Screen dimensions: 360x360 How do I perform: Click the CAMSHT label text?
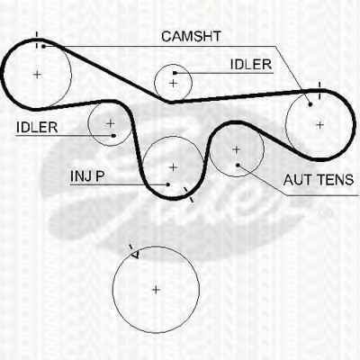pyautogui.click(x=191, y=37)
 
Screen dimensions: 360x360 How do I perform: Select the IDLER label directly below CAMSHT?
pyautogui.click(x=251, y=65)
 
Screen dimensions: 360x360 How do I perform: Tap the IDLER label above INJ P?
pyautogui.click(x=37, y=128)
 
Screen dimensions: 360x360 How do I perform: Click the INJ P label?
pyautogui.click(x=87, y=176)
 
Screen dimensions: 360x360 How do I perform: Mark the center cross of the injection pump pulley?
pyautogui.click(x=174, y=167)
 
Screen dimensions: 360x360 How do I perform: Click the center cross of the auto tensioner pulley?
pyautogui.click(x=237, y=149)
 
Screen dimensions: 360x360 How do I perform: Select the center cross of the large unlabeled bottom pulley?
pyautogui.click(x=156, y=290)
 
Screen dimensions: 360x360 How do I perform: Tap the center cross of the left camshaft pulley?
pyautogui.click(x=37, y=74)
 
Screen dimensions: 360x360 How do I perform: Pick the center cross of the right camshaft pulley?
pyautogui.click(x=320, y=125)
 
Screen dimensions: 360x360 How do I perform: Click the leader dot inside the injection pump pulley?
pyautogui.click(x=168, y=184)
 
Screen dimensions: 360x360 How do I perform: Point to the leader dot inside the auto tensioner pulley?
pyautogui.click(x=238, y=165)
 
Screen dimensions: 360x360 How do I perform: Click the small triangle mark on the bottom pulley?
pyautogui.click(x=135, y=255)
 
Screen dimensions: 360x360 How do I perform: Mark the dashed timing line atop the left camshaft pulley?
pyautogui.click(x=37, y=40)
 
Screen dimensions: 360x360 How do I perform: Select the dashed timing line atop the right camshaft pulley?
pyautogui.click(x=319, y=90)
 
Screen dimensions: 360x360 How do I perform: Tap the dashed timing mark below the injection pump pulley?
pyautogui.click(x=189, y=194)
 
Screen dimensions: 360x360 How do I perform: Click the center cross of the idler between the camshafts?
pyautogui.click(x=173, y=84)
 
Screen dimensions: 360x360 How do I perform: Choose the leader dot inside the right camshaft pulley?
pyautogui.click(x=310, y=104)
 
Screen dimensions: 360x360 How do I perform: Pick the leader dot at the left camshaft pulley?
pyautogui.click(x=43, y=46)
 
